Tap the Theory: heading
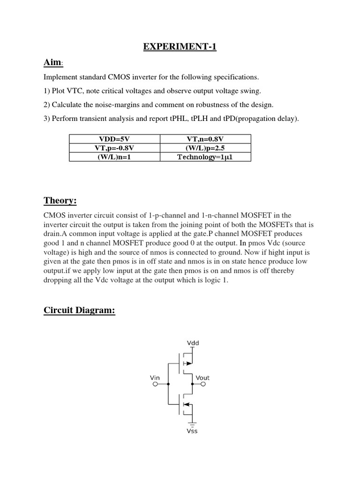(60, 201)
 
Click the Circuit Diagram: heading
(79, 310)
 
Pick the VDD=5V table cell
(114, 138)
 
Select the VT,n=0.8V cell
(205, 138)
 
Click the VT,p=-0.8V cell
(114, 148)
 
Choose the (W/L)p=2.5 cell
(205, 148)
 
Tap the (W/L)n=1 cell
(114, 157)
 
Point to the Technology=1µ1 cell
(205, 157)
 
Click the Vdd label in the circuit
(193, 343)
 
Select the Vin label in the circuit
(155, 377)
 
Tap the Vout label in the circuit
(203, 377)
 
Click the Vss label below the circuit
(192, 431)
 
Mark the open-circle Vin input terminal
(155, 384)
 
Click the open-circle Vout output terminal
(204, 384)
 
